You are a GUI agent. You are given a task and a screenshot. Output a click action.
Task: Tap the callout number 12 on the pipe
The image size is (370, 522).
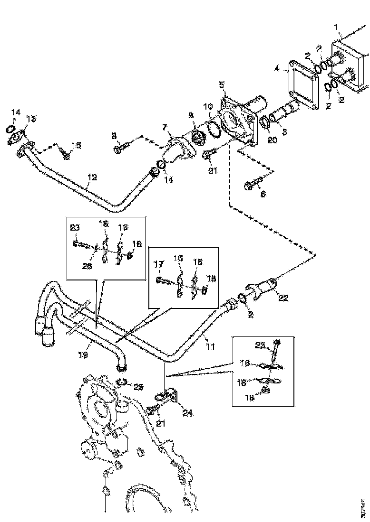click(92, 177)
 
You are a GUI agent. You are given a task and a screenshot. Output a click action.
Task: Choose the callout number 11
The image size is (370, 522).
click(210, 347)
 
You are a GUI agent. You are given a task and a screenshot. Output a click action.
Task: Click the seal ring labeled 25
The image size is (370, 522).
click(121, 382)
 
